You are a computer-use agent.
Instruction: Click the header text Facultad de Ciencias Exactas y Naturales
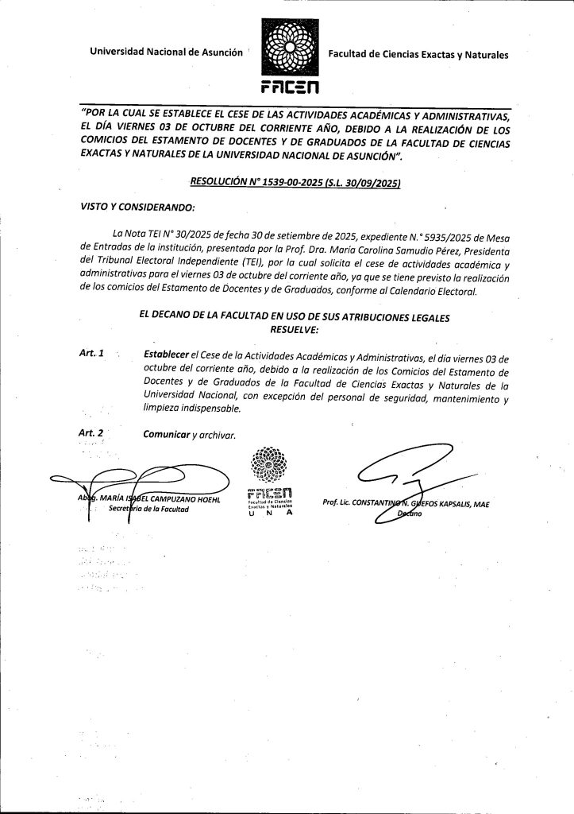click(x=418, y=55)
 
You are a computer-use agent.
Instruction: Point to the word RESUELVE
click(x=294, y=328)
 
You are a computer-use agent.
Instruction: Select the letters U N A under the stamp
click(x=270, y=513)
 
